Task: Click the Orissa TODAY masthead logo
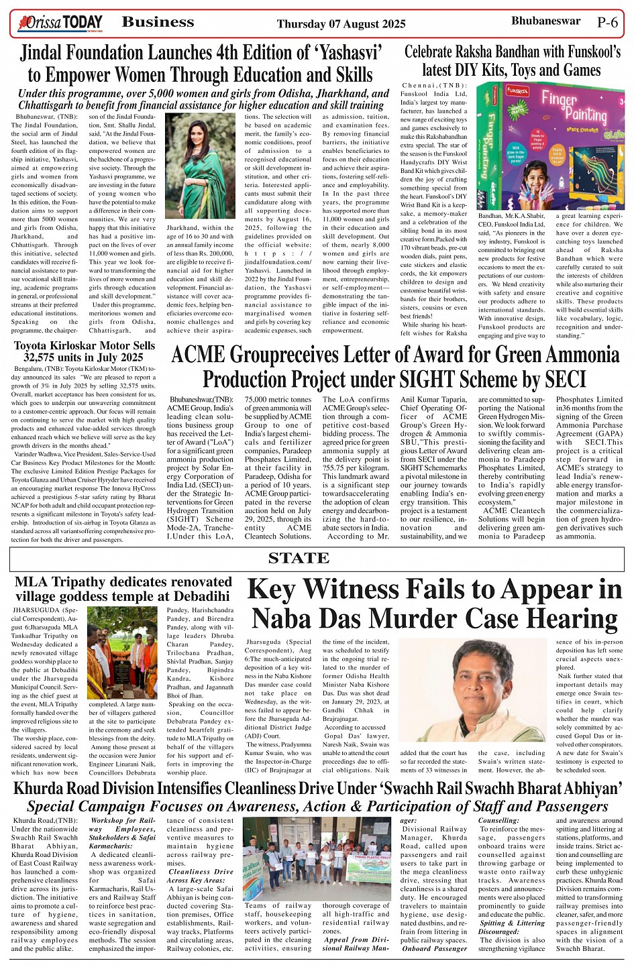pos(61,23)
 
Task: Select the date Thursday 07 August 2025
pos(341,23)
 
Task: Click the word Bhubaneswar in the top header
pos(545,21)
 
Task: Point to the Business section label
pos(158,22)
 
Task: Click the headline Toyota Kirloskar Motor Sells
pos(85,346)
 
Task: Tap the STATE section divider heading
pos(299,558)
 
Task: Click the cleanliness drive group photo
pos(316,858)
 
